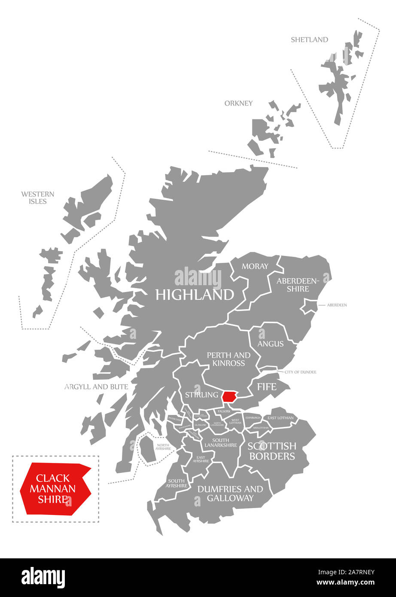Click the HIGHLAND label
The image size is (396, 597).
[195, 295]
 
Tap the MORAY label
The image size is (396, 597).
[255, 266]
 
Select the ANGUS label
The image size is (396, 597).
[271, 344]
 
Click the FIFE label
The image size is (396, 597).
[266, 387]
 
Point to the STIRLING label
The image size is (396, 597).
[201, 395]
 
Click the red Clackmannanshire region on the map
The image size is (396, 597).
[231, 396]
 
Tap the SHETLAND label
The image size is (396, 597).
[309, 40]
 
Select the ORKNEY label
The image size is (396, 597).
[238, 103]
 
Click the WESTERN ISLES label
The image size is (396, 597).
[38, 198]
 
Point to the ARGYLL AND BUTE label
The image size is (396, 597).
[96, 387]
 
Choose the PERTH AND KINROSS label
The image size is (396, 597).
[228, 359]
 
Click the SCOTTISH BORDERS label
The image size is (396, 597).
[272, 451]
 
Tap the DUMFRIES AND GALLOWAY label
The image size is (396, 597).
[230, 493]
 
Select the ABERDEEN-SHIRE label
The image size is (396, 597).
[298, 285]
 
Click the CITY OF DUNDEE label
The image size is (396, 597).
[300, 372]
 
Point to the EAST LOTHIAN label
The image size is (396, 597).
[280, 418]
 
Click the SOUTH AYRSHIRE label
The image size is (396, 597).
[177, 483]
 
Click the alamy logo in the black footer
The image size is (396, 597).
[43, 577]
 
